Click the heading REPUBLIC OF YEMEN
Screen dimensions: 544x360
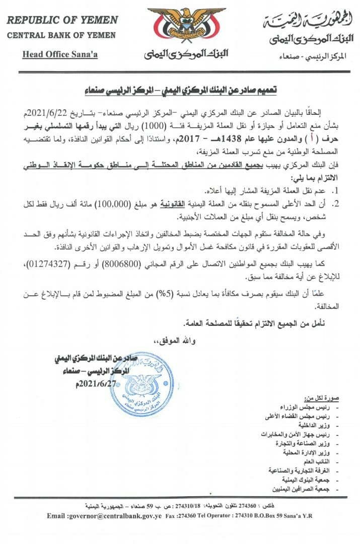coord(62,20)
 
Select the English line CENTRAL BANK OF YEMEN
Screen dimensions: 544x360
coord(61,35)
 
